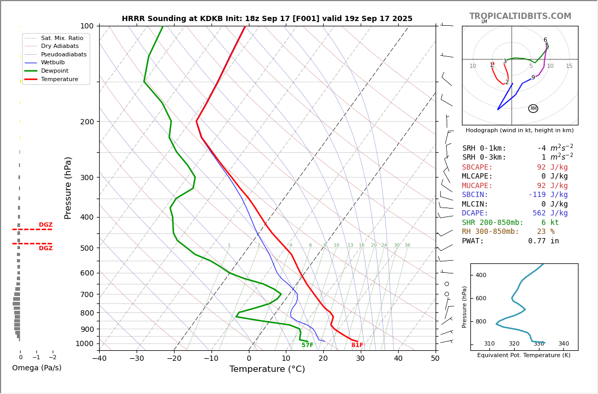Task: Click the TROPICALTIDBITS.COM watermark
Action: click(520, 16)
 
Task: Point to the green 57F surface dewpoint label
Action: click(307, 345)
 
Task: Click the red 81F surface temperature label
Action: click(357, 345)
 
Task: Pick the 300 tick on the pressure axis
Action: click(87, 178)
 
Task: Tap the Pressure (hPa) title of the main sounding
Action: click(68, 188)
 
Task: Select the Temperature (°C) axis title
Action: click(267, 369)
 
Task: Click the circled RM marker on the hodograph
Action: click(533, 109)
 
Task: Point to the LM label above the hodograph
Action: click(484, 22)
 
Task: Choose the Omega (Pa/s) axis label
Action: click(36, 368)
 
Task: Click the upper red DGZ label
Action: click(45, 225)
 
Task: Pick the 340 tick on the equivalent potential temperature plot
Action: click(563, 344)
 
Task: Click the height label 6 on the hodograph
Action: click(545, 40)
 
